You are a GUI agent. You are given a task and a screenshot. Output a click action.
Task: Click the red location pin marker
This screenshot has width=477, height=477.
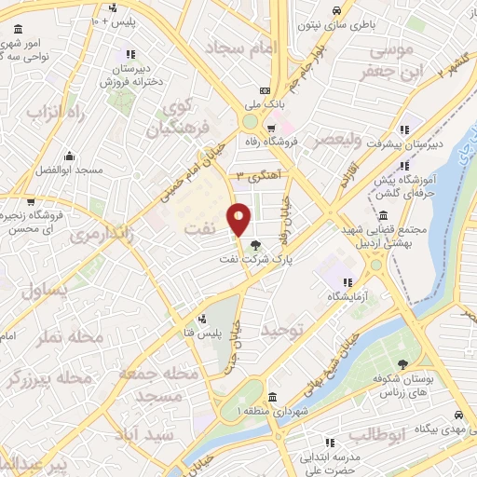[239, 218]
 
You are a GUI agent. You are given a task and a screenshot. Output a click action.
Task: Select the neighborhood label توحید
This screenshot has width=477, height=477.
[283, 332]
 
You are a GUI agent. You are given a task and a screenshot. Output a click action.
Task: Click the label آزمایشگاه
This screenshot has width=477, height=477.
[346, 296]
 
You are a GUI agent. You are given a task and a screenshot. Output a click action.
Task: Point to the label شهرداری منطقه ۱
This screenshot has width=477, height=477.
[273, 410]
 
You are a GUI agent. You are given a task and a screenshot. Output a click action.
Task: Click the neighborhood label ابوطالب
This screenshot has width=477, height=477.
[375, 433]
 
